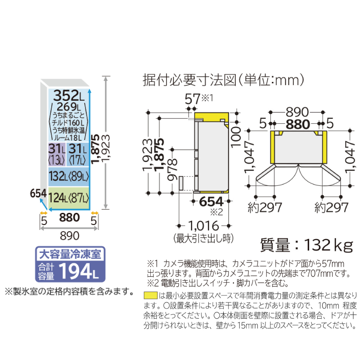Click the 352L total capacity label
[69, 95]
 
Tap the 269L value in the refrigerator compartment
[69, 107]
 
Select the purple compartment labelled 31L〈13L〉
[57, 154]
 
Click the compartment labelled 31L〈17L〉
[77, 154]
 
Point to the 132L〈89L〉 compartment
[68, 176]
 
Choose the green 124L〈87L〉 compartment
[68, 198]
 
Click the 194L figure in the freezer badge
[78, 272]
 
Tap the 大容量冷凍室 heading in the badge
[70, 254]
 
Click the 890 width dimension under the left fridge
[70, 236]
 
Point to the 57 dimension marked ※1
[193, 99]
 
